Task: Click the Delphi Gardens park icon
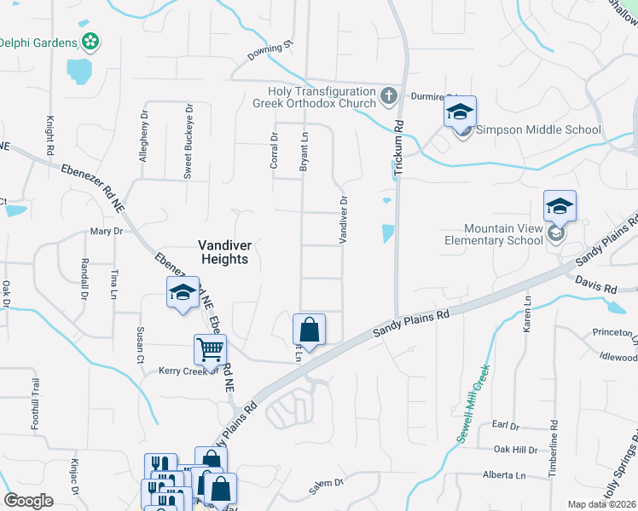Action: coord(90,41)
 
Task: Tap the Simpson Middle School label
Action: coord(538,130)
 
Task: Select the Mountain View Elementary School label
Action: coord(502,234)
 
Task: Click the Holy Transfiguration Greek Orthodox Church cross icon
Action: coord(388,95)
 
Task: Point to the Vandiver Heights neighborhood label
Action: coord(223,250)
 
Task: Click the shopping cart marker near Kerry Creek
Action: coord(210,348)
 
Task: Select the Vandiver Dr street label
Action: coord(343,221)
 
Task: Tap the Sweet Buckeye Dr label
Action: coord(188,141)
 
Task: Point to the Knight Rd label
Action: coord(51,136)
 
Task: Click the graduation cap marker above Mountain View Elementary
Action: coord(560,207)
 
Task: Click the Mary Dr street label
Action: coord(107,232)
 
